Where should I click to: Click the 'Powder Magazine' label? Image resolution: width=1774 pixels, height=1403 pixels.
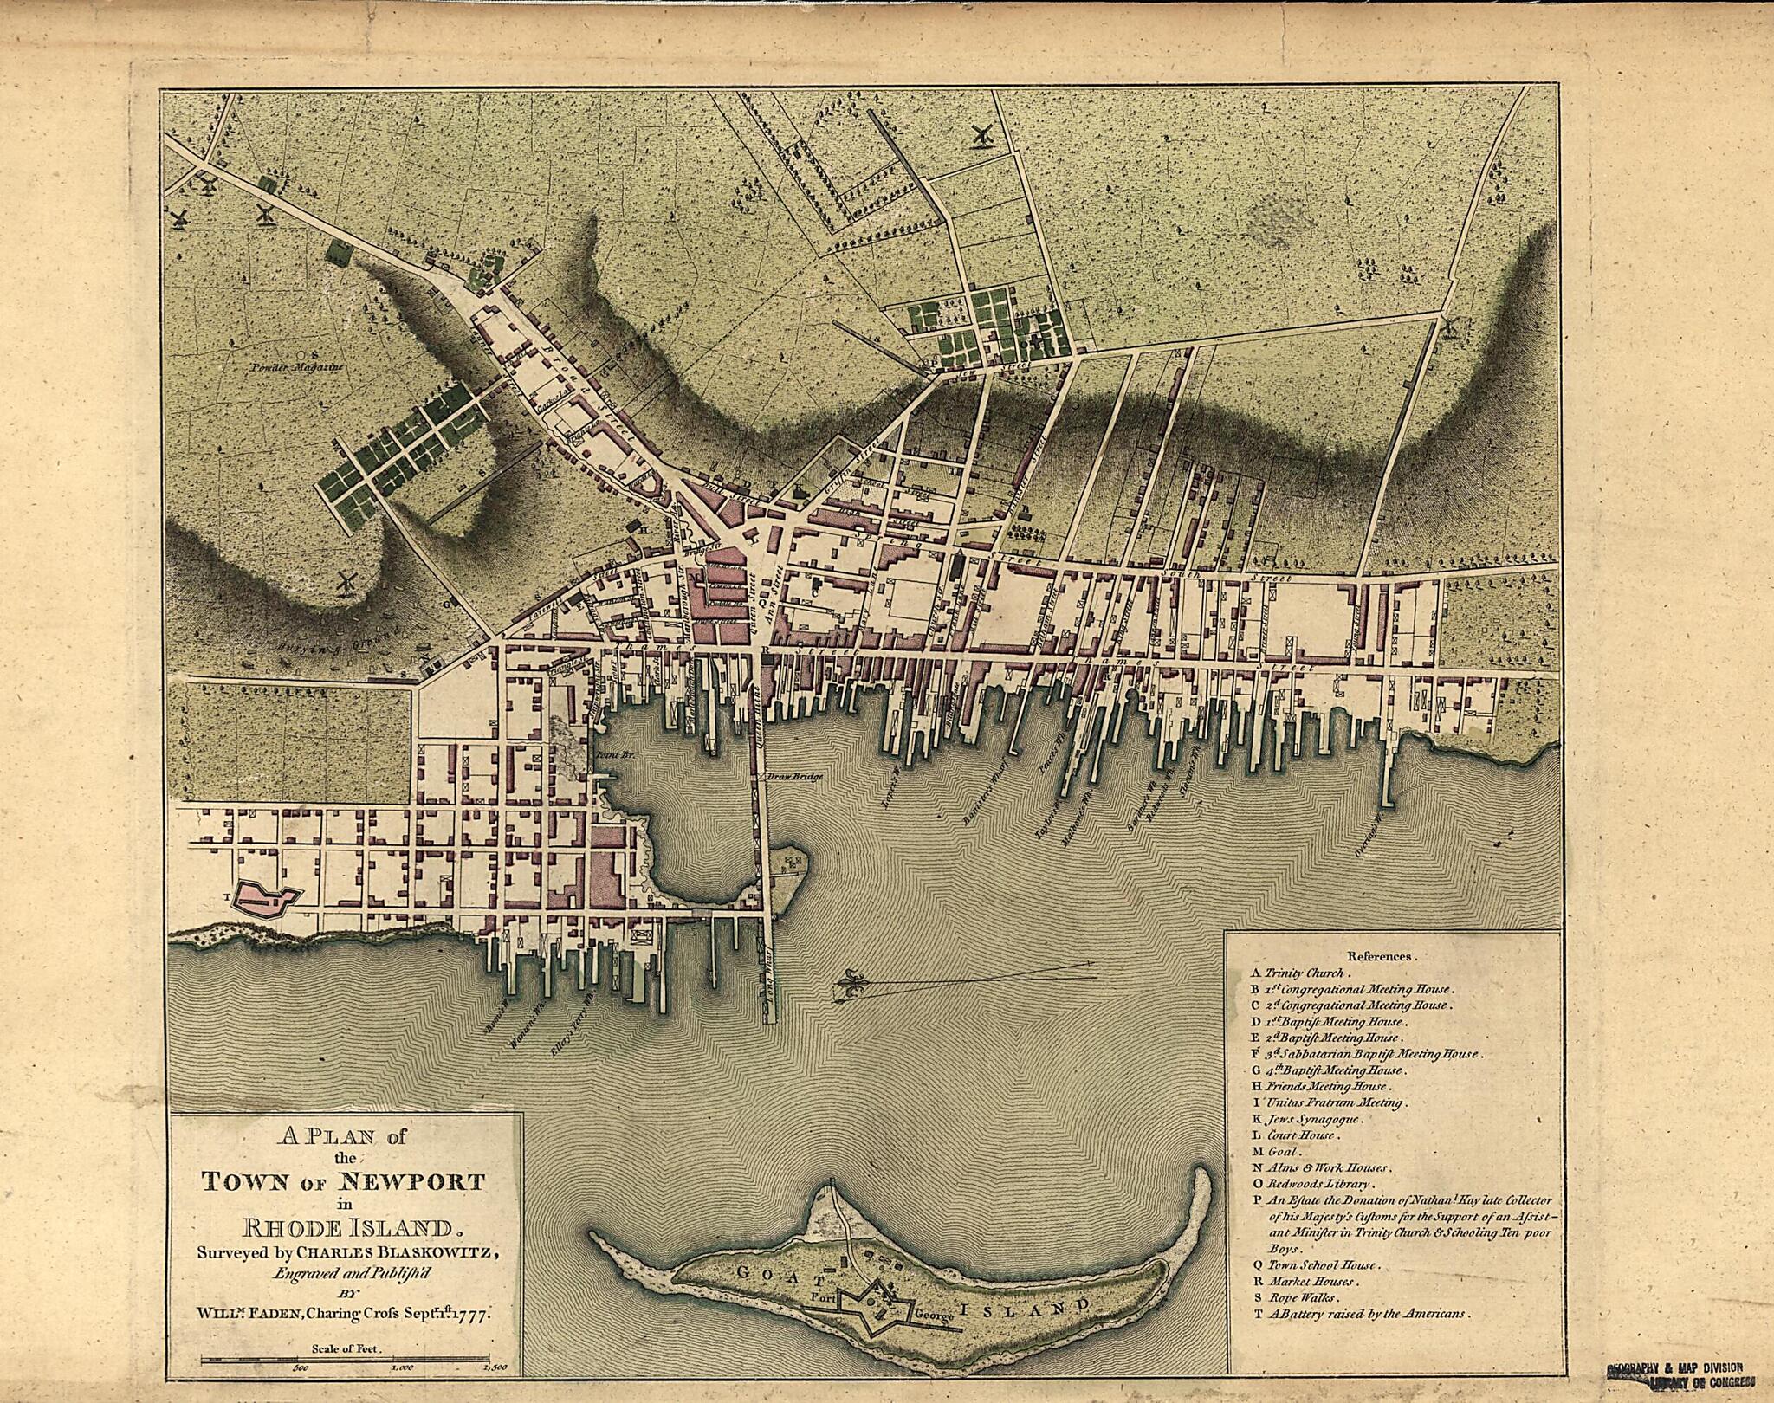coord(298,367)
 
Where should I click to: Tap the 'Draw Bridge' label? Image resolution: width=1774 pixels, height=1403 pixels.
coord(793,777)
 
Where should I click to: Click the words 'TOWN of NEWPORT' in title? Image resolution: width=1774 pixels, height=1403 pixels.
coord(343,1181)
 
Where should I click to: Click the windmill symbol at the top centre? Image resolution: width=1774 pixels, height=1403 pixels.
coord(981,134)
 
